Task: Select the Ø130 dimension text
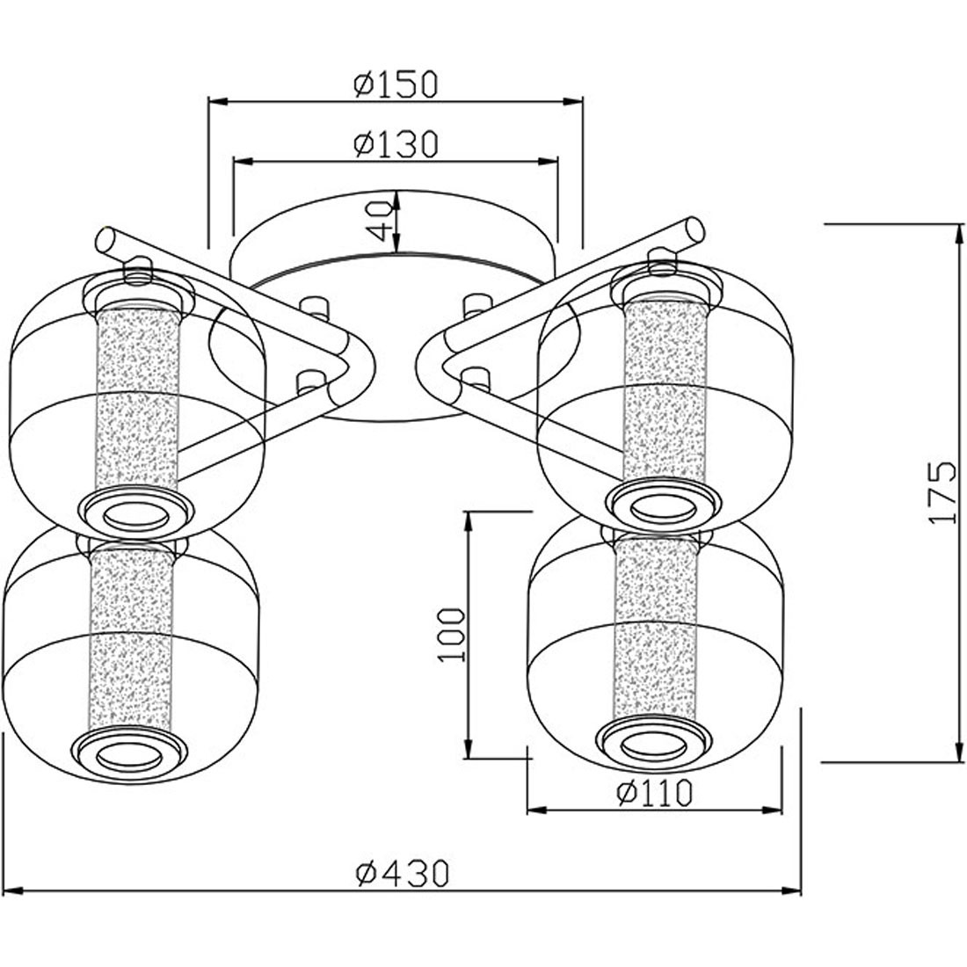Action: pos(396,143)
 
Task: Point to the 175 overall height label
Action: pos(942,492)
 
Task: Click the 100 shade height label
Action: pos(452,636)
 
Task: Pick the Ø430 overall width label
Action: pos(402,873)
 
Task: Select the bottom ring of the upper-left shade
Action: pos(137,513)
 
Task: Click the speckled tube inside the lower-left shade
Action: pos(131,639)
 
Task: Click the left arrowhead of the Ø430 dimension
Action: pos(13,891)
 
